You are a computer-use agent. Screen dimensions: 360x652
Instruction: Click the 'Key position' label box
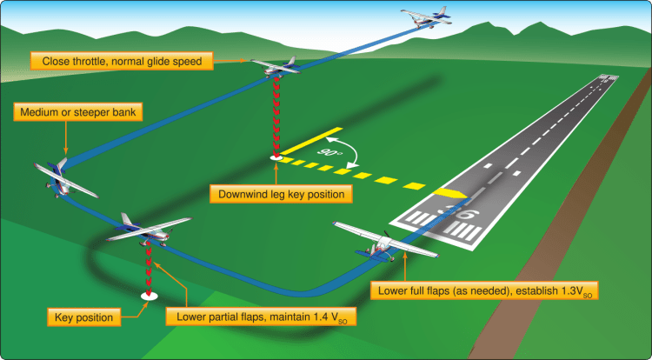coord(83,317)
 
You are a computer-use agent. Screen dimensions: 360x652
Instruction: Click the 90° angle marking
coord(331,154)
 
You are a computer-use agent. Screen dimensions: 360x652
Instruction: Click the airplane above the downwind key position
coord(274,66)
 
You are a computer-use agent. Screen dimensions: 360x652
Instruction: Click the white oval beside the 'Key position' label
coord(149,296)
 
